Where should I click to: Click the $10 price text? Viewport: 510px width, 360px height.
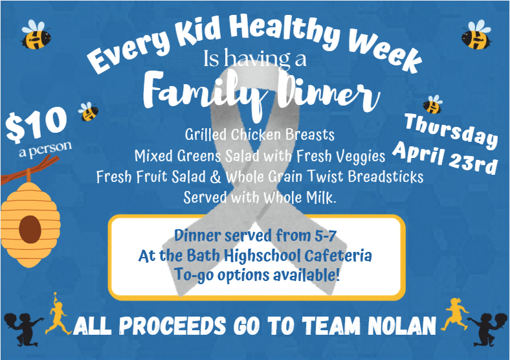[x=37, y=125]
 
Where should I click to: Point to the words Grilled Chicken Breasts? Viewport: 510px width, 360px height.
[x=260, y=135]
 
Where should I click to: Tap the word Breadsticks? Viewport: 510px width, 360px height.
[x=384, y=177]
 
